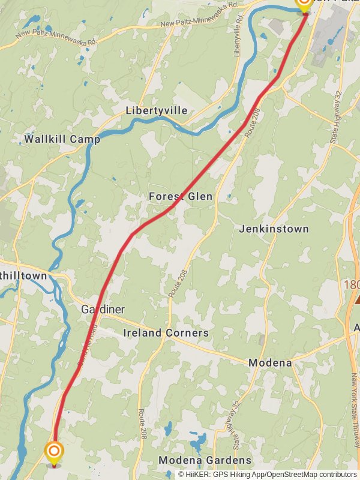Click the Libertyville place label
click(x=157, y=111)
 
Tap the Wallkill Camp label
click(x=62, y=139)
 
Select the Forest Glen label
click(x=181, y=197)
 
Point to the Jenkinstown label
click(x=274, y=229)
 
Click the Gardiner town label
click(x=103, y=310)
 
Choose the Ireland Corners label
click(x=166, y=333)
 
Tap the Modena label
click(x=270, y=363)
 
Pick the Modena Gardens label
click(x=205, y=460)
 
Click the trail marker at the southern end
click(x=54, y=452)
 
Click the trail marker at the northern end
click(x=304, y=5)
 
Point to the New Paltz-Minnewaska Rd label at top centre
click(x=200, y=14)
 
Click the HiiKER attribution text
click(x=268, y=474)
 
